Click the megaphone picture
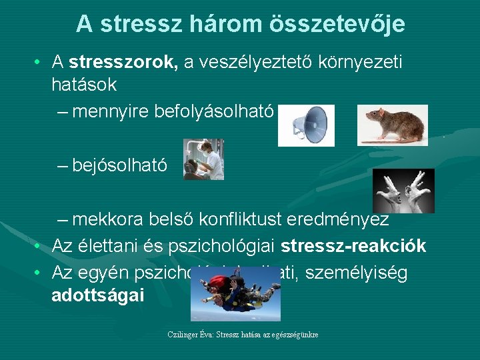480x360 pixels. pyautogui.click(x=305, y=125)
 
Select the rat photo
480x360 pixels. pyautogui.click(x=392, y=124)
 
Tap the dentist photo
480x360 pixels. pyautogui.click(x=203, y=159)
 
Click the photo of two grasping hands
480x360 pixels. pyautogui.click(x=403, y=191)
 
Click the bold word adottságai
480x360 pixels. pyautogui.click(x=97, y=295)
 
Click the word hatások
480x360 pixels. pyautogui.click(x=84, y=85)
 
